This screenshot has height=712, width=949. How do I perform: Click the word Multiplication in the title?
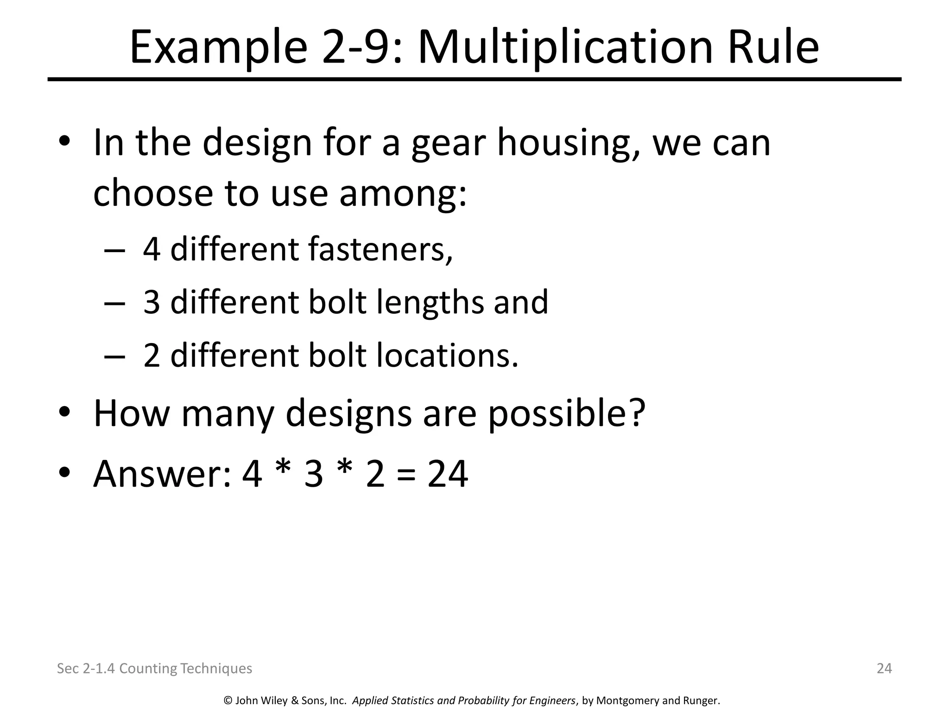coord(565,47)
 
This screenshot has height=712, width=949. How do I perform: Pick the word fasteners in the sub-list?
coord(380,249)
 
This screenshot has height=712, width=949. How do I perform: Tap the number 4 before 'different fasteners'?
coord(152,249)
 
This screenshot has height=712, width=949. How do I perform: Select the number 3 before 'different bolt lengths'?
coord(152,303)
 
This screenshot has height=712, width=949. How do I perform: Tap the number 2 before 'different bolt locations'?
coord(152,356)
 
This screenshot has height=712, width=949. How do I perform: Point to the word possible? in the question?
coord(567,414)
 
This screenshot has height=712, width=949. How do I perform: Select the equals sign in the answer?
coord(406,475)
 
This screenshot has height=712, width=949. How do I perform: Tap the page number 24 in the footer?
coord(884,668)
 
